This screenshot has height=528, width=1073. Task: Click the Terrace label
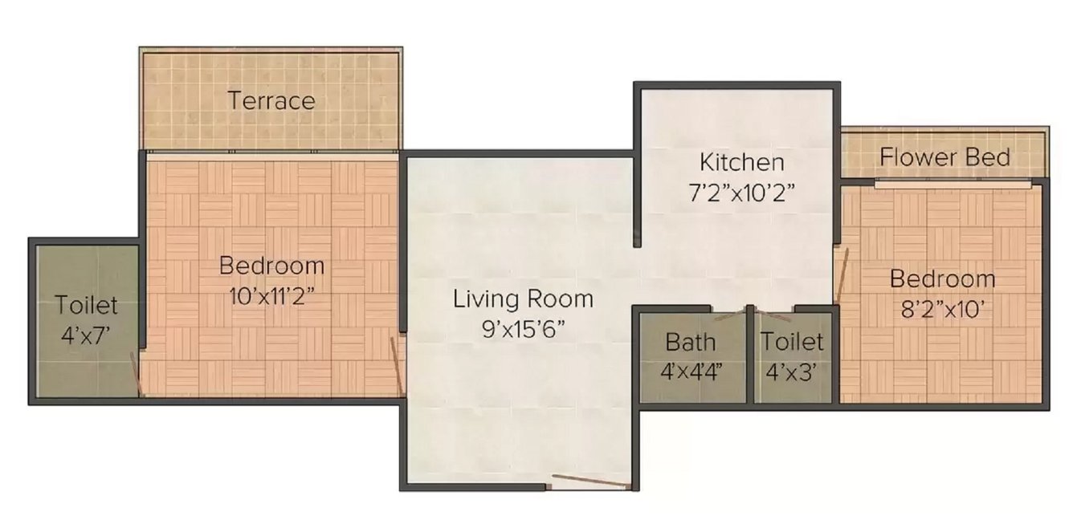271,101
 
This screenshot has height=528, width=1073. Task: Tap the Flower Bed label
944,157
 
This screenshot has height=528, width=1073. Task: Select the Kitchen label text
741,162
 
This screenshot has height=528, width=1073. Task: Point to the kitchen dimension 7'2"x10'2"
741,193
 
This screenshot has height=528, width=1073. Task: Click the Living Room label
523,299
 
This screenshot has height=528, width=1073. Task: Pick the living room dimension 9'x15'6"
523,329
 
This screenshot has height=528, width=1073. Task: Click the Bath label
690,343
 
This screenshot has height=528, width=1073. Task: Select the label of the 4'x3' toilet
792,343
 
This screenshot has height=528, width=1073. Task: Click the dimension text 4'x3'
792,372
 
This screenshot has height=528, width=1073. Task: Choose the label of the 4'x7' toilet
87,306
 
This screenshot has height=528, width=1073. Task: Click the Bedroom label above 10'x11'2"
271,266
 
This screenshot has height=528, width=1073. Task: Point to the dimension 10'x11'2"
271,294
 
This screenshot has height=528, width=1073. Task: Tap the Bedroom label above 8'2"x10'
942,279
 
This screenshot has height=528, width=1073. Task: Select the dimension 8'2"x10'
942,309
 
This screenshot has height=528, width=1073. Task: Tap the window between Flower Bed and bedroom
953,183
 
